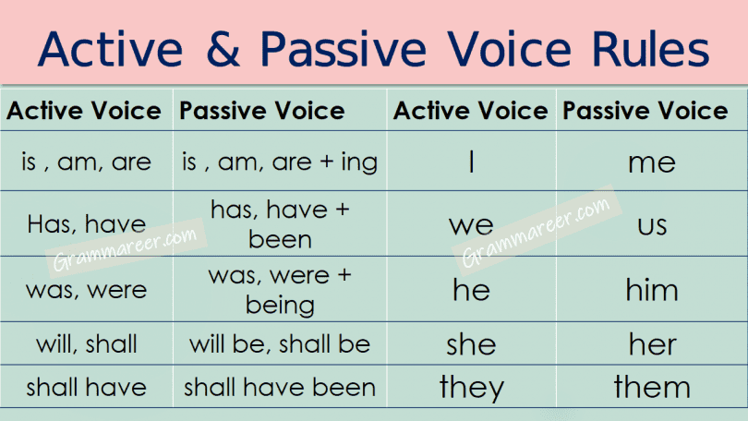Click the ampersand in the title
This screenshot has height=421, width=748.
coord(223,49)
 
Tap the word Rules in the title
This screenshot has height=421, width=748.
coord(651,49)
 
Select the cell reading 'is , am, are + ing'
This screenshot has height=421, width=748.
coord(280,162)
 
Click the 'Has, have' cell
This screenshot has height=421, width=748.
coord(87,223)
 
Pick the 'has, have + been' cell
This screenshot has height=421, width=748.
coord(280,224)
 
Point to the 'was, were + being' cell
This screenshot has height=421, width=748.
coord(280,290)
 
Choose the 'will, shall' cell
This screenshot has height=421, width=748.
coord(87,343)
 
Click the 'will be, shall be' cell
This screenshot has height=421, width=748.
coord(280,343)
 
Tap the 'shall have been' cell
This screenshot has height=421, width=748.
coord(280,387)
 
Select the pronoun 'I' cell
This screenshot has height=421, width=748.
coord(471,162)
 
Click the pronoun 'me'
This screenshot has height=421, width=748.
coord(652,163)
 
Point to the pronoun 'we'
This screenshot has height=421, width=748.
coord(471,225)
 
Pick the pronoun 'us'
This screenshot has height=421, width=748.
coord(652,225)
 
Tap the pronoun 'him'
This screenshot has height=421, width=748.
coord(652,289)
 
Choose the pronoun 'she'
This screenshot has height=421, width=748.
coord(471,343)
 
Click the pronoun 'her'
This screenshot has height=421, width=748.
coord(652,343)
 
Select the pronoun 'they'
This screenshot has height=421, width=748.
coord(471,388)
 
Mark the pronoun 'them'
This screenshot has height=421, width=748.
coord(652,387)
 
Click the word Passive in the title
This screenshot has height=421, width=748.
coord(343,49)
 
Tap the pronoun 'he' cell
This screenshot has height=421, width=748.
coord(471,289)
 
